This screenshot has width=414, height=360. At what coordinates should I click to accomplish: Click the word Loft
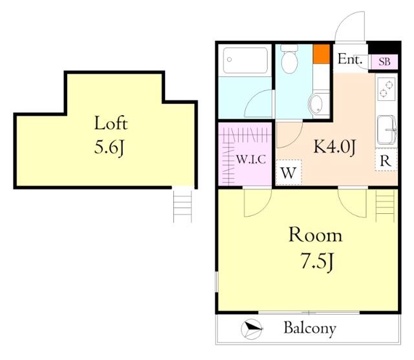(x=111, y=123)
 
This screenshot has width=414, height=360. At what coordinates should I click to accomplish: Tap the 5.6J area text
(x=109, y=147)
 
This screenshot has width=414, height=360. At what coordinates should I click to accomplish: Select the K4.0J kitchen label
(x=335, y=147)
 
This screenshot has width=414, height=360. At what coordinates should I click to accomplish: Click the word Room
(x=316, y=235)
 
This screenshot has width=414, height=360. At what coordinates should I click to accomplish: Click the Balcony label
(x=310, y=328)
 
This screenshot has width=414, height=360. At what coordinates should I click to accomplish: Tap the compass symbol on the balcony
(x=252, y=330)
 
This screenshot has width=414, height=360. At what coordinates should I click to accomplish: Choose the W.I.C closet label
(x=251, y=160)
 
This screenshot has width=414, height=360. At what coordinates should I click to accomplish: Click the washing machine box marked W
(x=289, y=173)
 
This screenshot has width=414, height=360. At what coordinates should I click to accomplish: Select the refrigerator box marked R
(x=386, y=160)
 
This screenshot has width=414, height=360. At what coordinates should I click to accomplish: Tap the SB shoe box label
(x=384, y=61)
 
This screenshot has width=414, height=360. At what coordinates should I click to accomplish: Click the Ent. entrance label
(x=350, y=59)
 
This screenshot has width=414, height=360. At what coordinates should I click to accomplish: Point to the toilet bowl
(x=289, y=59)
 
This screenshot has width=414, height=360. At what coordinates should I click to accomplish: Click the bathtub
(x=245, y=60)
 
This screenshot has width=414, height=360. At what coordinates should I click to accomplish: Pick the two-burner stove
(x=386, y=89)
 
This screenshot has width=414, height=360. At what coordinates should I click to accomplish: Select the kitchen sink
(x=387, y=130)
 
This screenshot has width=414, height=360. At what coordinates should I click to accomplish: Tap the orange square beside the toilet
(x=321, y=54)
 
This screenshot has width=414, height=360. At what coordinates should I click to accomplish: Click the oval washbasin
(x=316, y=104)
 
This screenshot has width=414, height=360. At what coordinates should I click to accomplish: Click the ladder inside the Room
(x=386, y=206)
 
